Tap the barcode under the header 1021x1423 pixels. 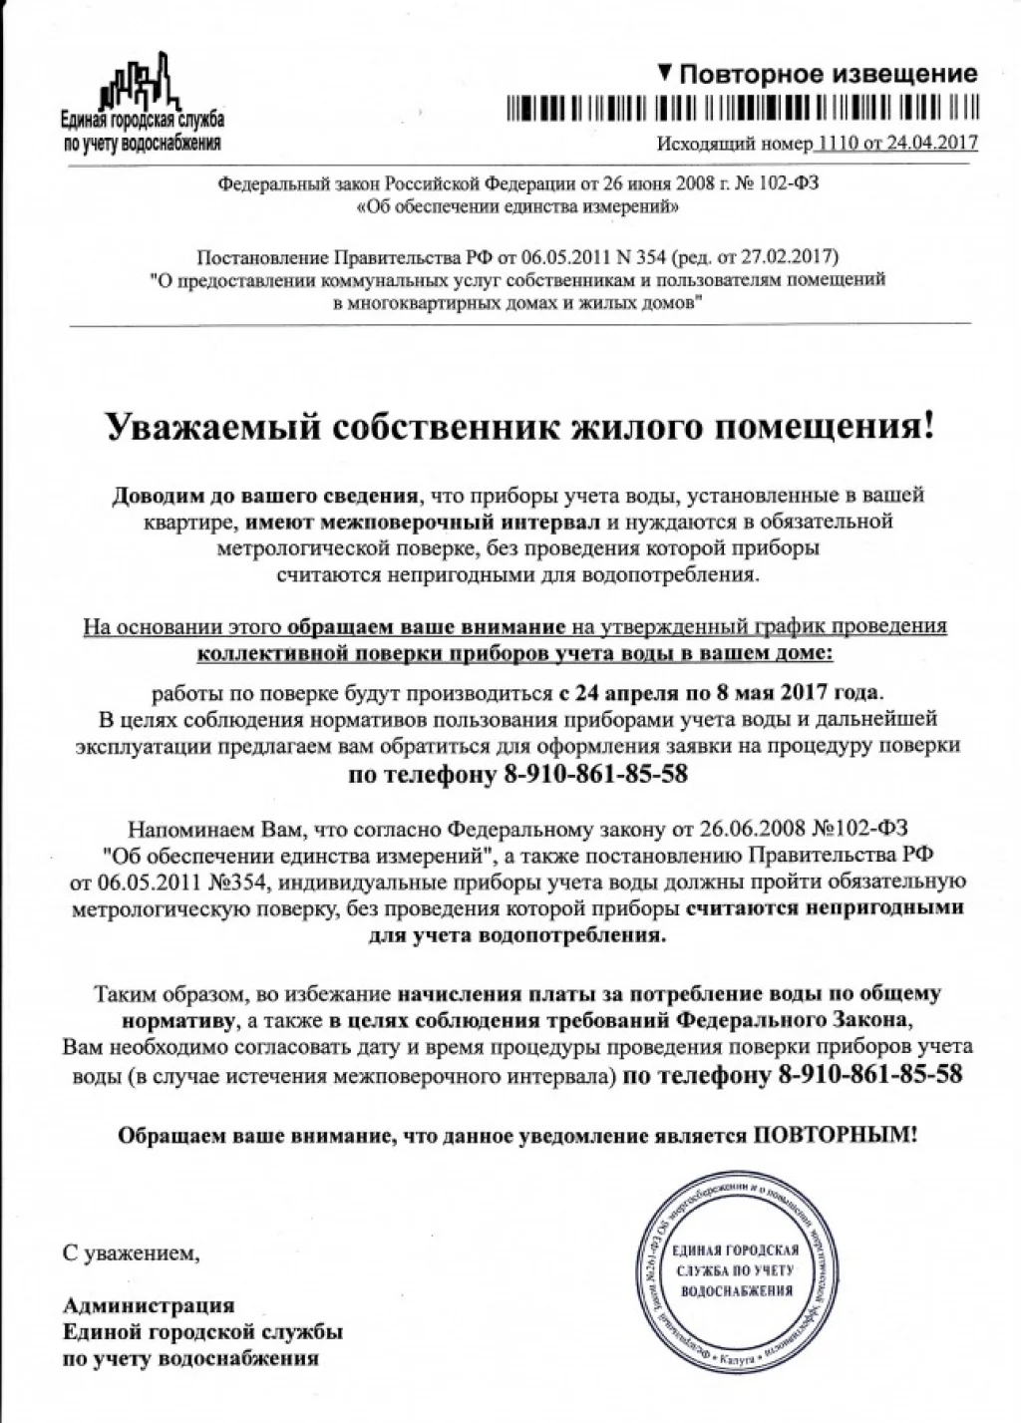click(742, 109)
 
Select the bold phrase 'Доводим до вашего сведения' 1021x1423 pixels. click(266, 495)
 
